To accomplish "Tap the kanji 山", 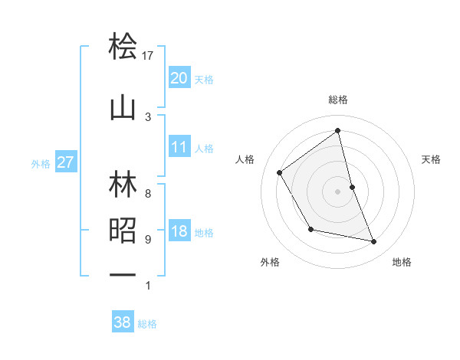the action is (x=123, y=108).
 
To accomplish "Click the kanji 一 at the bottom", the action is (x=123, y=275).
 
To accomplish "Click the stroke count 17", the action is (x=148, y=56).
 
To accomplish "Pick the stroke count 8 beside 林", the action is (x=148, y=193).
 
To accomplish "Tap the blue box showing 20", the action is (x=179, y=78).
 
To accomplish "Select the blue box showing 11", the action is (x=179, y=147).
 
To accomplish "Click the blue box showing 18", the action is (x=179, y=232).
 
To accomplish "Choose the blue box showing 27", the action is (x=65, y=162).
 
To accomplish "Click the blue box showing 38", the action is (x=122, y=322).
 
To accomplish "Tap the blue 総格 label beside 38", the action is (x=147, y=324).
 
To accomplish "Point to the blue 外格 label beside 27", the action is (x=41, y=163).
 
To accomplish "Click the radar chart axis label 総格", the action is (x=338, y=100).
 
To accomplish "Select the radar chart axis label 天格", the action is (x=432, y=159).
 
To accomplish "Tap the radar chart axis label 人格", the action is (x=245, y=159).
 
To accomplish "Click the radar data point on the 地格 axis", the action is (x=374, y=242).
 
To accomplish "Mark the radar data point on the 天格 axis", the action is (x=352, y=186).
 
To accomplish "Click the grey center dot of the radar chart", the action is (x=338, y=191).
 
